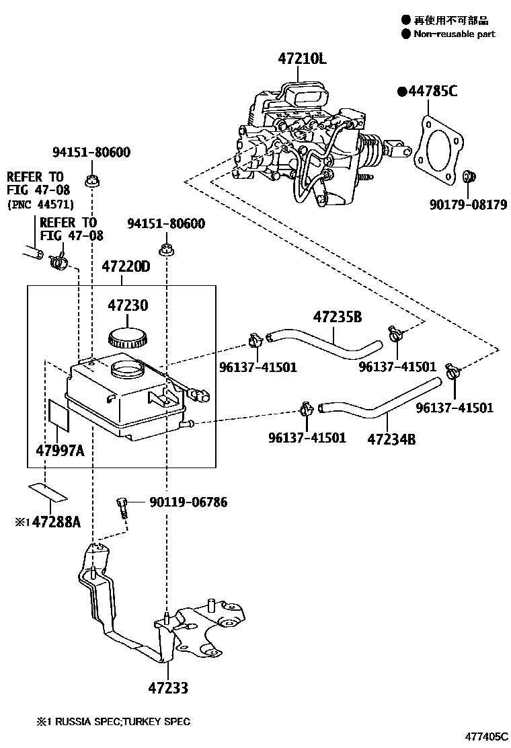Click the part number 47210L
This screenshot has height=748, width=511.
[x=302, y=59]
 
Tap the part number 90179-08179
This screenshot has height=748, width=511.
[x=468, y=204]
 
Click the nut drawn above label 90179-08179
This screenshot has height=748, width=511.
[x=470, y=177]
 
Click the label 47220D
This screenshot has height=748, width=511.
[x=126, y=267]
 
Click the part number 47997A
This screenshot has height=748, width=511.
[x=61, y=451]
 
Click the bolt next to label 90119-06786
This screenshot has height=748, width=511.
[x=122, y=504]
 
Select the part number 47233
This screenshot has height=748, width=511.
[x=168, y=688]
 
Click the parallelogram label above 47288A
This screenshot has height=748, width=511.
[x=48, y=492]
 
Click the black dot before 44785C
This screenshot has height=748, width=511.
[x=401, y=91]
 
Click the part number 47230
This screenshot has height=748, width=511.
[x=128, y=305]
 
